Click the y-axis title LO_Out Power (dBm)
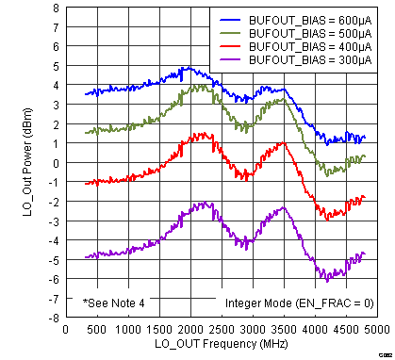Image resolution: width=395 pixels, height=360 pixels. click(x=27, y=162)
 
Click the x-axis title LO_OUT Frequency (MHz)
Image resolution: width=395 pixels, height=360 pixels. click(x=221, y=344)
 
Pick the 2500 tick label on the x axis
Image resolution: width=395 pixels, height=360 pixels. click(x=221, y=330)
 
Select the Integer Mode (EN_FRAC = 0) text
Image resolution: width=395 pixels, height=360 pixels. click(x=298, y=303)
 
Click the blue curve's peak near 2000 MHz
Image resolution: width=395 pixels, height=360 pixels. click(x=188, y=68)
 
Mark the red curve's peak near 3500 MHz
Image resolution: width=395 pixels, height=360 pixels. click(x=282, y=143)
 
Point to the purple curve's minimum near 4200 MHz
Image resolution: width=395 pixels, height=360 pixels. click(x=327, y=279)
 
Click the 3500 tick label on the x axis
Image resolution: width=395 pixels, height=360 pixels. click(x=283, y=330)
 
